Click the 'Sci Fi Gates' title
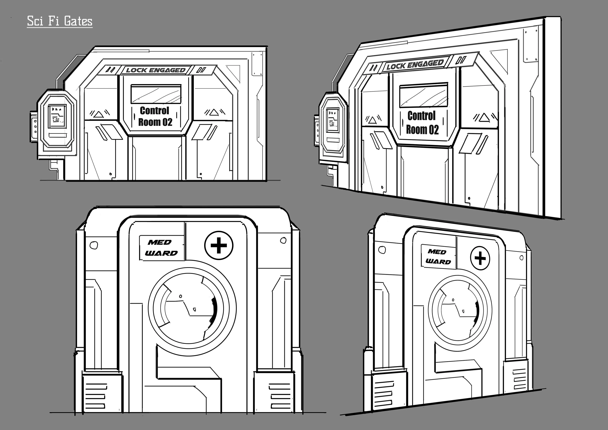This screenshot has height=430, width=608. [60, 21]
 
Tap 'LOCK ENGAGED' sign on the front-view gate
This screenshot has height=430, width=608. [156, 70]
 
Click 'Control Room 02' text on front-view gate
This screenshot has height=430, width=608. [155, 116]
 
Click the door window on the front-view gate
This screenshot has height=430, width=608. [156, 94]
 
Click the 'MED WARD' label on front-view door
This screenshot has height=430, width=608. [162, 248]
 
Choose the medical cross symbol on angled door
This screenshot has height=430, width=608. [480, 258]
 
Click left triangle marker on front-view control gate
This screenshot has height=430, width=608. [98, 114]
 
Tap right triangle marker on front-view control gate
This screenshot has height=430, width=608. [214, 113]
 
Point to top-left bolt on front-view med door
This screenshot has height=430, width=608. [93, 245]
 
